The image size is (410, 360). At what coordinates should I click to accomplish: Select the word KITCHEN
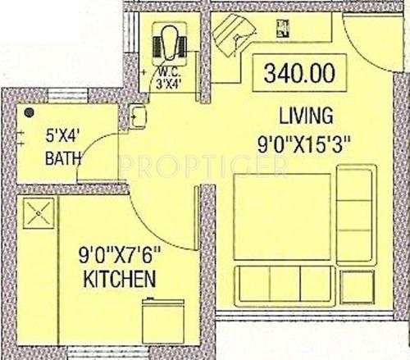(x=120, y=281)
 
